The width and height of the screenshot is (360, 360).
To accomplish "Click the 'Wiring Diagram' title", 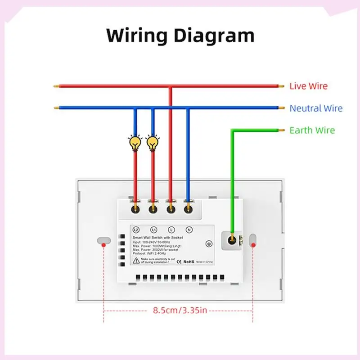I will pyautogui.click(x=180, y=35).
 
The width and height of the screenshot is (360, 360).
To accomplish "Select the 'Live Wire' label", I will pyautogui.click(x=308, y=86).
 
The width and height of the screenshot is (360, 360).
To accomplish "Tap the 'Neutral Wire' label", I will pyautogui.click(x=315, y=108).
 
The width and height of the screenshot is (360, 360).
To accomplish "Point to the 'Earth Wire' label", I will pyautogui.click(x=312, y=130).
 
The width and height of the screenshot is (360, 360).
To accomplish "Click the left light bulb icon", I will pyautogui.click(x=135, y=143).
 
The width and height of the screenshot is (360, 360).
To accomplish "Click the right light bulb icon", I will pyautogui.click(x=153, y=143).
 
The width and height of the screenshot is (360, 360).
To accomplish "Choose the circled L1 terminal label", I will pyautogui.click(x=153, y=229).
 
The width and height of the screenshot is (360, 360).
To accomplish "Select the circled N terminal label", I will pyautogui.click(x=189, y=229).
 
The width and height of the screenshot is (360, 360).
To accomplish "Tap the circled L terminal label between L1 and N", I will pyautogui.click(x=171, y=229).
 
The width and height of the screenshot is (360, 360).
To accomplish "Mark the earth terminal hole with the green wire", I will pyautogui.click(x=232, y=239).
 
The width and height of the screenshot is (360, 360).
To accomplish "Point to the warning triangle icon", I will pyautogui.click(x=135, y=260).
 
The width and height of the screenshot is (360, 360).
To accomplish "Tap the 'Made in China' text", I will pyautogui.click(x=214, y=261).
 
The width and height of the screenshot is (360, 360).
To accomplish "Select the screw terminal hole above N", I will pyautogui.click(x=189, y=209).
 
